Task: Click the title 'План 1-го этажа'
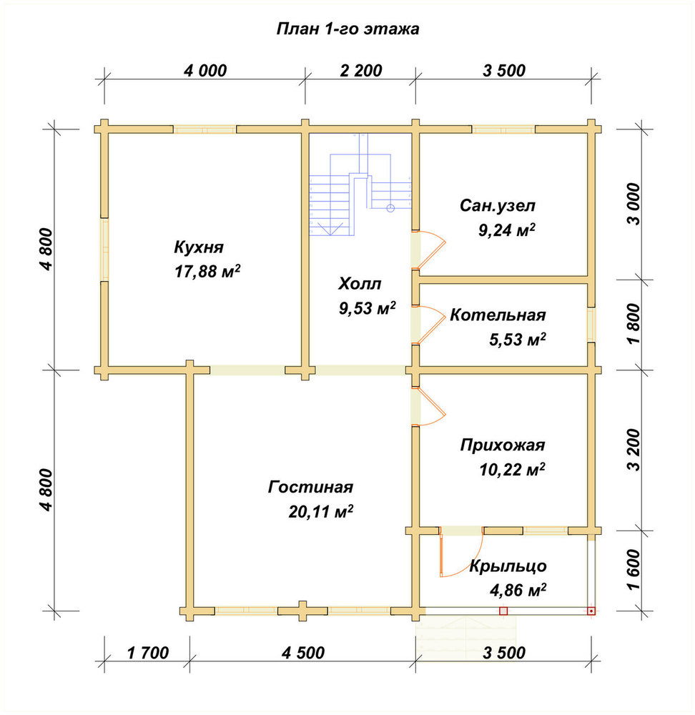(x=347, y=29)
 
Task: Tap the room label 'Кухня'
(x=199, y=247)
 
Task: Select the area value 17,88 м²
(x=207, y=271)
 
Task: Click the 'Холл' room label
(x=360, y=284)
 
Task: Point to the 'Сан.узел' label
(x=498, y=206)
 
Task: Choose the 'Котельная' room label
(x=498, y=315)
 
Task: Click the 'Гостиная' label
(x=310, y=487)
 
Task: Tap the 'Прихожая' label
(x=503, y=445)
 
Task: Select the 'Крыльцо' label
(x=508, y=566)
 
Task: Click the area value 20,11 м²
(x=321, y=512)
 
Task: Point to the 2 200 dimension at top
(x=360, y=71)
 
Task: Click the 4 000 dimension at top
(x=205, y=71)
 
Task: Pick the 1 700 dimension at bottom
(x=148, y=653)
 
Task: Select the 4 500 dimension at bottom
(x=303, y=653)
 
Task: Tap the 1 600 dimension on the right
(x=634, y=569)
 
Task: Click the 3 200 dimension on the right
(x=634, y=450)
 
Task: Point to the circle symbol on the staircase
(x=390, y=208)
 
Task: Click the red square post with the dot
(x=591, y=611)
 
